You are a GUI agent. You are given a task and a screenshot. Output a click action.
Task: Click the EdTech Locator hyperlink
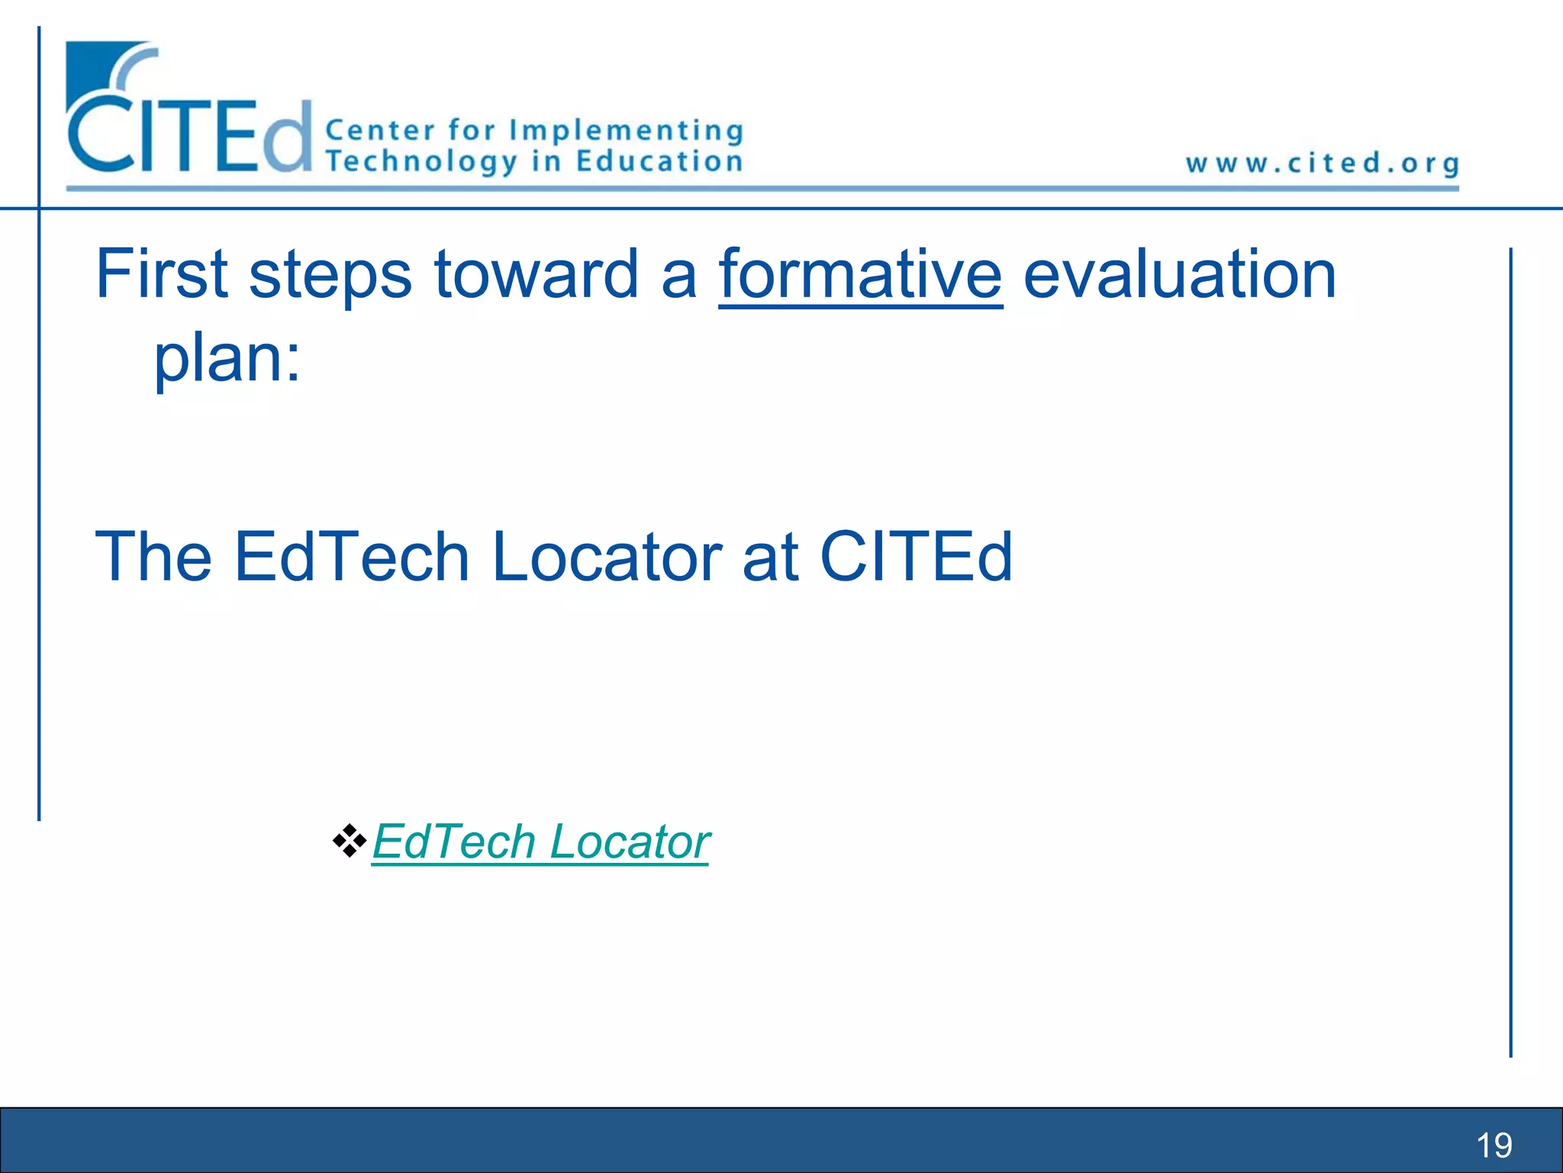(x=540, y=842)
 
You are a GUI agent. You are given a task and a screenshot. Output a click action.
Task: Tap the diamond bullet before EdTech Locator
(x=350, y=841)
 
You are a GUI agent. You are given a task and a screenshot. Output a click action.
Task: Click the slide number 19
(x=1494, y=1145)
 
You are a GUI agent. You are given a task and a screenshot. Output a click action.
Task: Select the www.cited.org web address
(x=1322, y=163)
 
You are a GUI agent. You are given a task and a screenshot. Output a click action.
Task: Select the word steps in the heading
(x=330, y=276)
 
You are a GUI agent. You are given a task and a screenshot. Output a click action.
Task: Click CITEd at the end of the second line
(x=916, y=557)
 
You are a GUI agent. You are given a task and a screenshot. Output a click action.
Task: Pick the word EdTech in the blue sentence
(x=351, y=557)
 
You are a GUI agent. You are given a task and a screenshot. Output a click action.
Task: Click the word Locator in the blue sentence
(x=607, y=557)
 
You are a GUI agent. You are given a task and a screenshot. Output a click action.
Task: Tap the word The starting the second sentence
(x=153, y=557)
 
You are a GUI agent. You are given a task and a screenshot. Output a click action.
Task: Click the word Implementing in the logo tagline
(x=626, y=131)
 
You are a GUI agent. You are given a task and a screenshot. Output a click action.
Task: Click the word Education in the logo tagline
(x=659, y=162)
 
